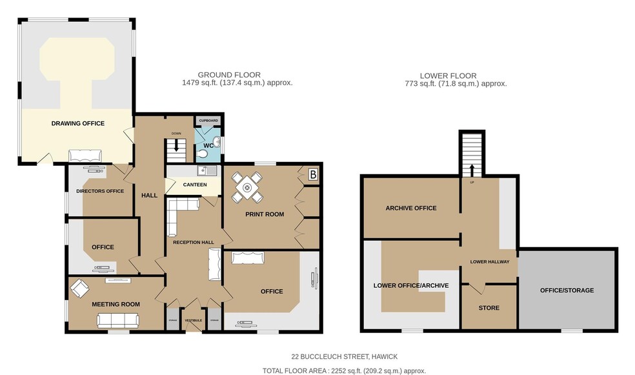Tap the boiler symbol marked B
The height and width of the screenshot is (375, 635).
pyautogui.click(x=313, y=174)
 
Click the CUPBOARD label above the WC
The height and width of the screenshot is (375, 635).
pyautogui.click(x=208, y=121)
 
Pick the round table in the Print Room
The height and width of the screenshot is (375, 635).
pyautogui.click(x=247, y=187)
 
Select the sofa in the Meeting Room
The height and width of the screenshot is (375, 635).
pyautogui.click(x=117, y=319)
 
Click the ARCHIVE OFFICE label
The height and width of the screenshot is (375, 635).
pyautogui.click(x=411, y=208)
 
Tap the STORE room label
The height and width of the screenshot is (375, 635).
pyautogui.click(x=489, y=308)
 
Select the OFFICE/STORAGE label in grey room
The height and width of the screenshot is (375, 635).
pyautogui.click(x=567, y=290)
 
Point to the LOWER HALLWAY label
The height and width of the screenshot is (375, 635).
pyautogui.click(x=490, y=261)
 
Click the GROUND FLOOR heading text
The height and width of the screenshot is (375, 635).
pyautogui.click(x=229, y=75)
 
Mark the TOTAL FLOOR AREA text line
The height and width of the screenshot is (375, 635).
pyautogui.click(x=344, y=370)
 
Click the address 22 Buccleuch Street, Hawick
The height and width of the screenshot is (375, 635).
pyautogui.click(x=345, y=356)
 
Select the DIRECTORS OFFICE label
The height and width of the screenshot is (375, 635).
pyautogui.click(x=100, y=191)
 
